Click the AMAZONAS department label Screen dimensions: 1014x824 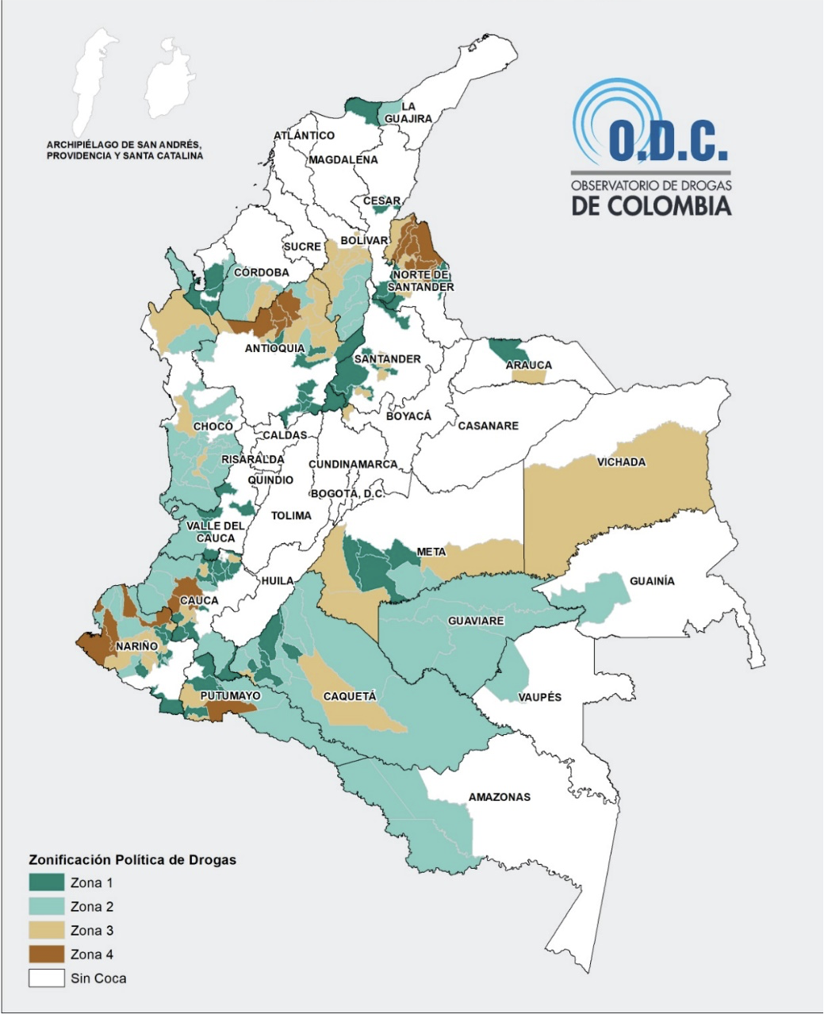[x=499, y=797]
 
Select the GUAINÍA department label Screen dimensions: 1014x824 [x=652, y=581]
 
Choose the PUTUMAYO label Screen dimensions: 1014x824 [x=231, y=695]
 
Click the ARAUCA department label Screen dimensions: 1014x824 [x=528, y=365]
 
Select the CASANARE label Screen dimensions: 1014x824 [x=488, y=426]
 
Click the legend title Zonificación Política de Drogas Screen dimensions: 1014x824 [x=132, y=859]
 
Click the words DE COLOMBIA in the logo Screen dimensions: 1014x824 [x=651, y=205]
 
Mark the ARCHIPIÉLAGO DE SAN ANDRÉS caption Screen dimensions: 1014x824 [x=125, y=151]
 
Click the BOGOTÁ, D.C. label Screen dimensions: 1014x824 [x=347, y=494]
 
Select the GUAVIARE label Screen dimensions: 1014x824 [x=476, y=621]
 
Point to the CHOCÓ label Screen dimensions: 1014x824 [x=213, y=427]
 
